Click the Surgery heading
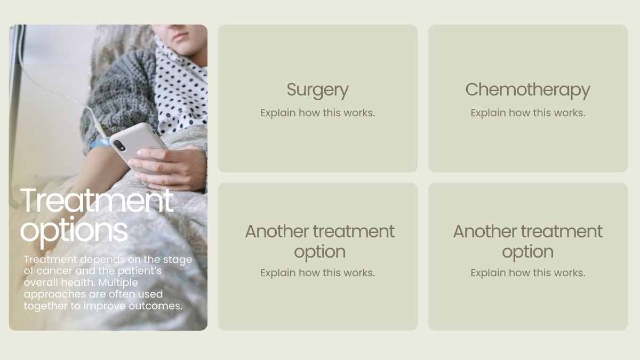(x=317, y=90)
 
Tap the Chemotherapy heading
(x=527, y=90)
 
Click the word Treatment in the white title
(x=97, y=201)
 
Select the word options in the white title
(x=74, y=231)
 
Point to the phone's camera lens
(x=119, y=146)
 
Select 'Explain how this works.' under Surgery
(x=317, y=113)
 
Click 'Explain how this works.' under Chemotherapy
(x=527, y=113)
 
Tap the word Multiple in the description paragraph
(x=118, y=283)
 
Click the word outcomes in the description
(x=155, y=306)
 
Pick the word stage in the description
(x=178, y=260)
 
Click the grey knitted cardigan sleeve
(x=120, y=94)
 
